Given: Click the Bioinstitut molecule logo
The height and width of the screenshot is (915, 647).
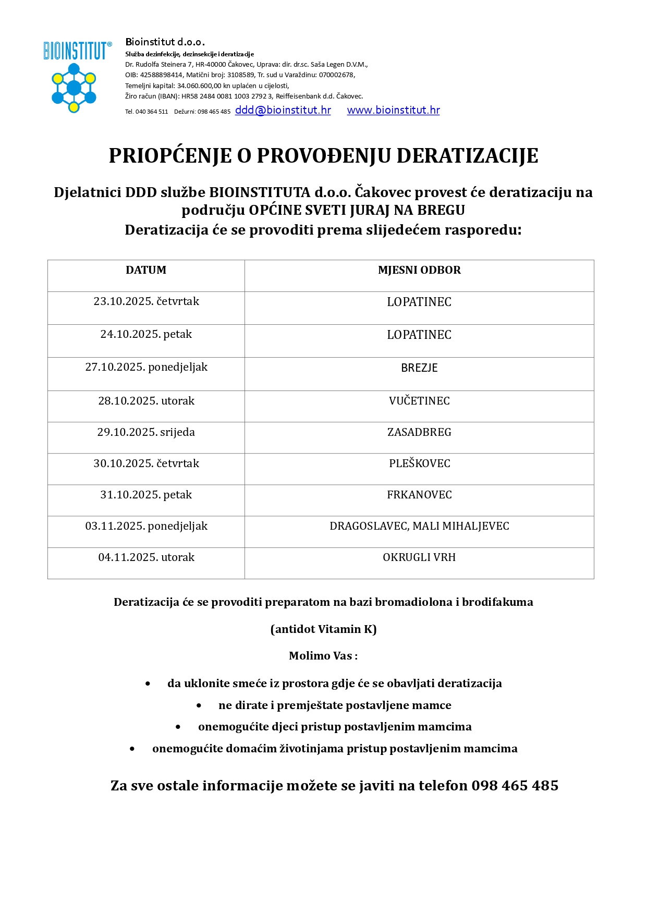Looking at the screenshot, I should pyautogui.click(x=74, y=87).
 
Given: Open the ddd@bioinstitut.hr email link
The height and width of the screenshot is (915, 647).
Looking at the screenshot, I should pyautogui.click(x=283, y=111).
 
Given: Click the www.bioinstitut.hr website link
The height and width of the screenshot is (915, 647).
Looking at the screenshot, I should pyautogui.click(x=393, y=111).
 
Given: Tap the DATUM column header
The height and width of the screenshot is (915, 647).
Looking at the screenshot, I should pyautogui.click(x=146, y=270).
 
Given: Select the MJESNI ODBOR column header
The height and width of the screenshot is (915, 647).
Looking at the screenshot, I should pyautogui.click(x=419, y=270).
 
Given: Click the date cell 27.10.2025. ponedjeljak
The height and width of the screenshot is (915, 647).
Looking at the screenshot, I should pyautogui.click(x=146, y=368).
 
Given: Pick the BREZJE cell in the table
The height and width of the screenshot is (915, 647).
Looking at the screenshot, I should pyautogui.click(x=419, y=368).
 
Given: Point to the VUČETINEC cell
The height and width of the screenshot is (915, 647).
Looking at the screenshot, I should pyautogui.click(x=419, y=401).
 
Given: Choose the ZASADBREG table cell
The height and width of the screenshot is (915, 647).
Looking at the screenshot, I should pyautogui.click(x=419, y=432).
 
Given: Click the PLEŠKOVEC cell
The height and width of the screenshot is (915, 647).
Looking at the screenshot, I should pyautogui.click(x=419, y=463).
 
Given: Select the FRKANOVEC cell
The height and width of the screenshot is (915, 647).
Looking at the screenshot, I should pyautogui.click(x=419, y=495).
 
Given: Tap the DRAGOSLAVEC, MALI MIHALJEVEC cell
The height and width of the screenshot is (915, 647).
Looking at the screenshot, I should pyautogui.click(x=419, y=526).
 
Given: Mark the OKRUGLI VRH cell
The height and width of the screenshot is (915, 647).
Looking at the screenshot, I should pyautogui.click(x=419, y=557).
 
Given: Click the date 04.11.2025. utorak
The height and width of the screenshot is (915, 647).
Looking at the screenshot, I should pyautogui.click(x=146, y=557).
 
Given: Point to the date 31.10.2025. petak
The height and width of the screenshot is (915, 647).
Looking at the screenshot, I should pyautogui.click(x=146, y=495).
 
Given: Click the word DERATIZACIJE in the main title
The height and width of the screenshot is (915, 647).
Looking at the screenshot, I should pyautogui.click(x=467, y=156).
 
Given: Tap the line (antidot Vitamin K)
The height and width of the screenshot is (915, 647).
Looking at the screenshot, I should pyautogui.click(x=323, y=629).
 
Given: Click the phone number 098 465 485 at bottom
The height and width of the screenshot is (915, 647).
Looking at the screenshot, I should pyautogui.click(x=515, y=786).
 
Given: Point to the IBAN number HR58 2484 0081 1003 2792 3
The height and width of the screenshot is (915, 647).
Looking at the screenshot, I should pyautogui.click(x=227, y=96).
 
